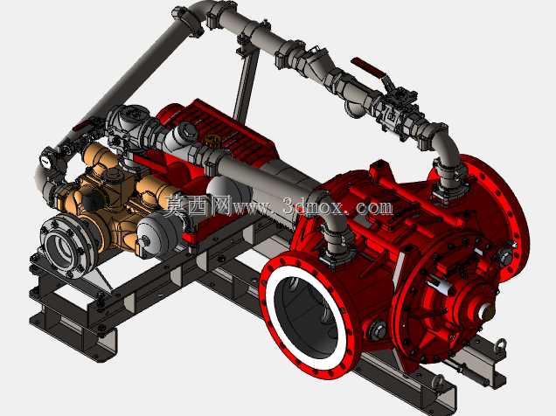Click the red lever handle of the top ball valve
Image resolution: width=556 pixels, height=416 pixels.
tap(367, 67)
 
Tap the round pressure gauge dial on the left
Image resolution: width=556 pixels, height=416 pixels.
tap(46, 161)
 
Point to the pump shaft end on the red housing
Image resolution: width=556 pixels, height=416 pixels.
tap(486, 313)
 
